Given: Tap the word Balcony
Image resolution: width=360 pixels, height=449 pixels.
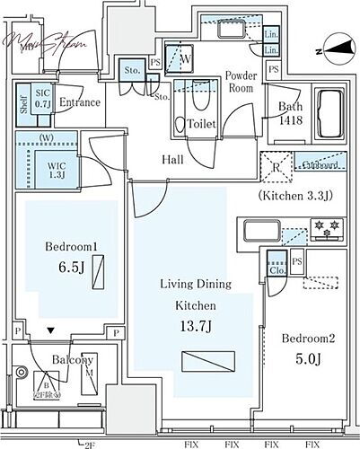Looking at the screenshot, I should [72, 360].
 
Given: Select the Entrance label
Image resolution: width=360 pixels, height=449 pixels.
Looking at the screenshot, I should [79, 102].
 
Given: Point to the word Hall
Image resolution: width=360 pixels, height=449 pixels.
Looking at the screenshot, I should [174, 159].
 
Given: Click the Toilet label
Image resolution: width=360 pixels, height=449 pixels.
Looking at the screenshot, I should [201, 125].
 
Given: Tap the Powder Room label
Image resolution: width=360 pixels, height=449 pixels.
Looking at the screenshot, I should [241, 82].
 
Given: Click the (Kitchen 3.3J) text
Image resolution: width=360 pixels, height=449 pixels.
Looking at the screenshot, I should [295, 194].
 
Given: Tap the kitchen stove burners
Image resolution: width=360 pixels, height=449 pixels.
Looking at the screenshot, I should [327, 231].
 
